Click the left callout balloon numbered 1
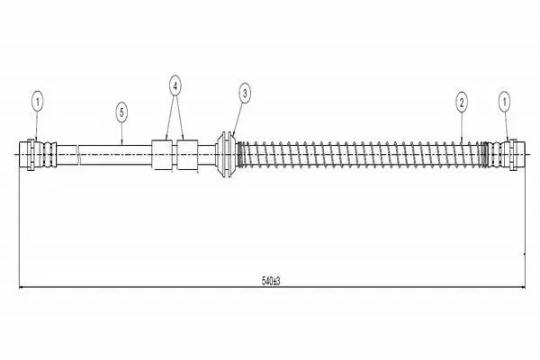[38, 102]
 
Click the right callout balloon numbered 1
[505, 102]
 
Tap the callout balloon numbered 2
[461, 102]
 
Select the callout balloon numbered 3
[245, 93]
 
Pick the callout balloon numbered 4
[175, 86]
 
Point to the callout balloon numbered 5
[121, 112]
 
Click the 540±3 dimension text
[271, 281]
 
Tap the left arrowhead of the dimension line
[21, 286]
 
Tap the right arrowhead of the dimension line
[523, 286]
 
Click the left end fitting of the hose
[27, 154]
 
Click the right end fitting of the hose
[517, 154]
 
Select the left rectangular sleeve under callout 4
[162, 154]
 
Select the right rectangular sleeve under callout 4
[187, 154]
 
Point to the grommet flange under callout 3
[226, 154]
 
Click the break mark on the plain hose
[78, 154]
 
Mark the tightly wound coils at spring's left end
[241, 154]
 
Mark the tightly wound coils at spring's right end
[485, 154]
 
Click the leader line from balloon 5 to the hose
[121, 133]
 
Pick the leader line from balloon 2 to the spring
[462, 126]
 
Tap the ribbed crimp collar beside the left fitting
[48, 154]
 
